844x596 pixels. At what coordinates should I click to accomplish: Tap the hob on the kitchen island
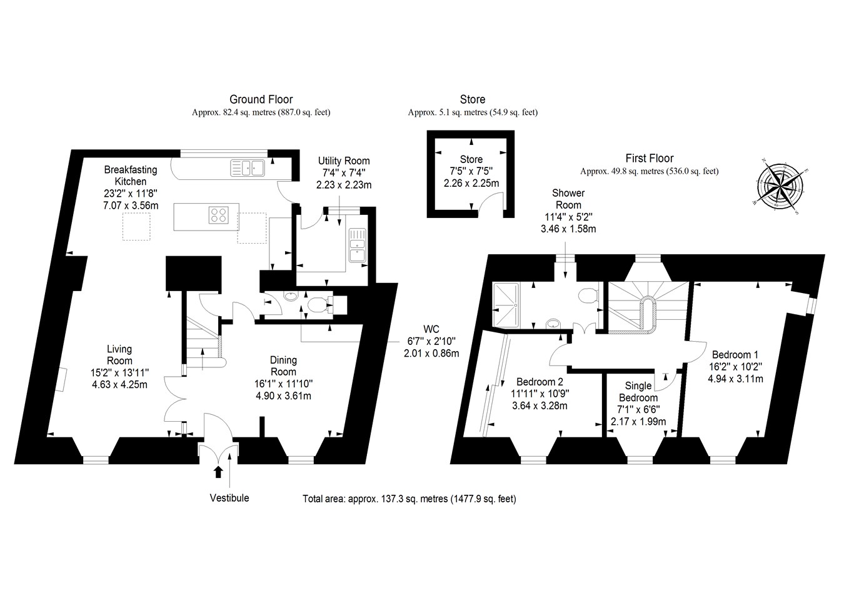point(219,215)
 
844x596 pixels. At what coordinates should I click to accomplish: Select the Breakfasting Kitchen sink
point(248,167)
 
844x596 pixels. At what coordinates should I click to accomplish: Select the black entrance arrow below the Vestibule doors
point(218,472)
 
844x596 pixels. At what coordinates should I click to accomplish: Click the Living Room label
point(119,355)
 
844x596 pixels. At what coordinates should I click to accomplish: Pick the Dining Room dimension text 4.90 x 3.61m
point(283,395)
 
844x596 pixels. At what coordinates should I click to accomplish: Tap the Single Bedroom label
point(638,392)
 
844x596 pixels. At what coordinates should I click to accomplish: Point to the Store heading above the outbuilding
point(472,99)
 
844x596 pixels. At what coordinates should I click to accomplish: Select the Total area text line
point(409,499)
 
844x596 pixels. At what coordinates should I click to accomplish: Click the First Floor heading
point(650,159)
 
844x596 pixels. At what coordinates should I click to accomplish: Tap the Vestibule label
point(229,498)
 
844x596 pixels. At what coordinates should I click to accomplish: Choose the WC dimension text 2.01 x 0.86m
point(431,353)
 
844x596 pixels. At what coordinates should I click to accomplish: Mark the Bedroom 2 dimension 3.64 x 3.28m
point(539,405)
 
